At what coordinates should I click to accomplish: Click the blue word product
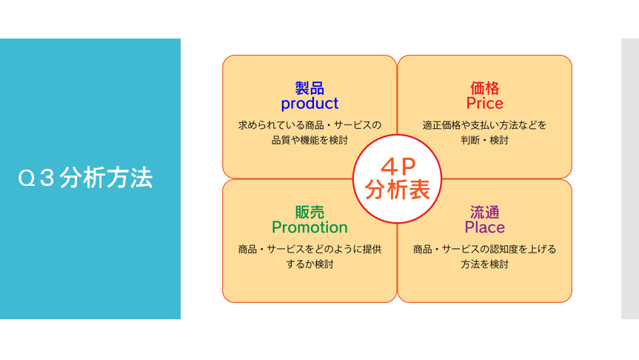(310, 104)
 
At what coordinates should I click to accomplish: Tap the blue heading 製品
(310, 87)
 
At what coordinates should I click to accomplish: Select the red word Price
(484, 103)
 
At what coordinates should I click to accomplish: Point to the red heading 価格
(484, 87)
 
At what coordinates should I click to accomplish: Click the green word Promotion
(310, 227)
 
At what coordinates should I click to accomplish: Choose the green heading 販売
(310, 212)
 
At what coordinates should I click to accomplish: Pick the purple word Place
(484, 227)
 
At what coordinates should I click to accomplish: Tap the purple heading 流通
(484, 212)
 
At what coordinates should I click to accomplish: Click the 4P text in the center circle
(398, 167)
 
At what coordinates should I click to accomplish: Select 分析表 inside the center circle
(398, 190)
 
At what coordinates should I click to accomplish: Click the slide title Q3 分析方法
(85, 179)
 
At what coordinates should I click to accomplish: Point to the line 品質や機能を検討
(310, 140)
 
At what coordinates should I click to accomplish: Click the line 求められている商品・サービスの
(310, 125)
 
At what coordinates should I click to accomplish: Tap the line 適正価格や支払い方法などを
(484, 125)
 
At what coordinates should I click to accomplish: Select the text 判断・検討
(484, 140)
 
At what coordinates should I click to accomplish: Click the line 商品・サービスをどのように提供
(310, 249)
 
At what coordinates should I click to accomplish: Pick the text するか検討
(310, 264)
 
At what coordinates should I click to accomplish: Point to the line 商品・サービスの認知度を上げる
(484, 249)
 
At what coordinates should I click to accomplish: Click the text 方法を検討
(484, 264)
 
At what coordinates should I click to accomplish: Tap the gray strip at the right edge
(630, 179)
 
